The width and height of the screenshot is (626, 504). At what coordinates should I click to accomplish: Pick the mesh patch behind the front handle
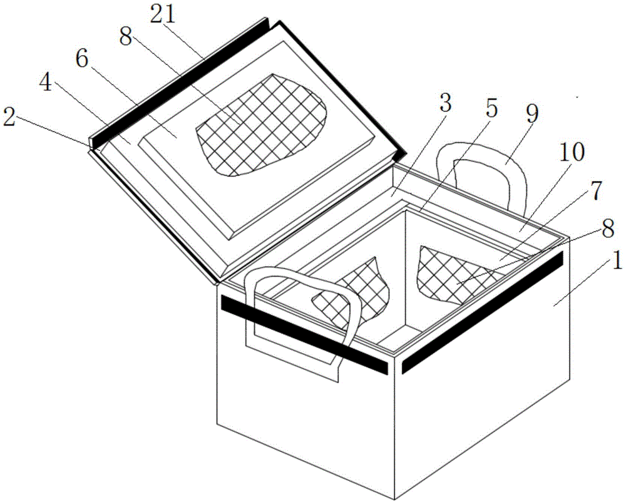360,285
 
